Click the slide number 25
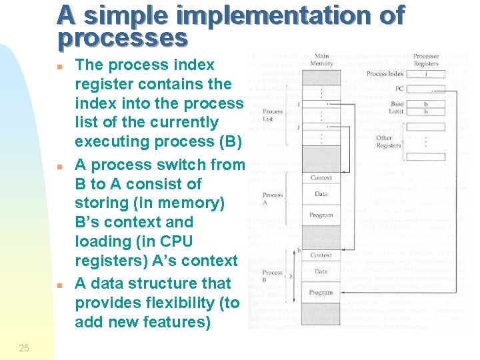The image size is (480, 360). (24, 347)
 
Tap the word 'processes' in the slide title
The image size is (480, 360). (122, 38)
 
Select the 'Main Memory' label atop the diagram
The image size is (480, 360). (321, 60)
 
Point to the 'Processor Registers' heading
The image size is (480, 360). (425, 60)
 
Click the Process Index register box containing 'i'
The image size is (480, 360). (425, 74)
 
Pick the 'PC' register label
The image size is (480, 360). (398, 89)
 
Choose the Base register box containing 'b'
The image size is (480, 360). (425, 104)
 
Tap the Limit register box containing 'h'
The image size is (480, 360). (425, 112)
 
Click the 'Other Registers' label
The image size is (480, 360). (389, 142)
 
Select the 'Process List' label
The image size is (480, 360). (273, 115)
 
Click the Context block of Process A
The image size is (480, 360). (321, 178)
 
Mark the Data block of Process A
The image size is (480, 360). (321, 194)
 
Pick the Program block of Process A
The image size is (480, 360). (321, 215)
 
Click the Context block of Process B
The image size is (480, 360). (321, 255)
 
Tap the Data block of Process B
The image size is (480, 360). (321, 272)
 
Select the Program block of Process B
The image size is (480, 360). (321, 293)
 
